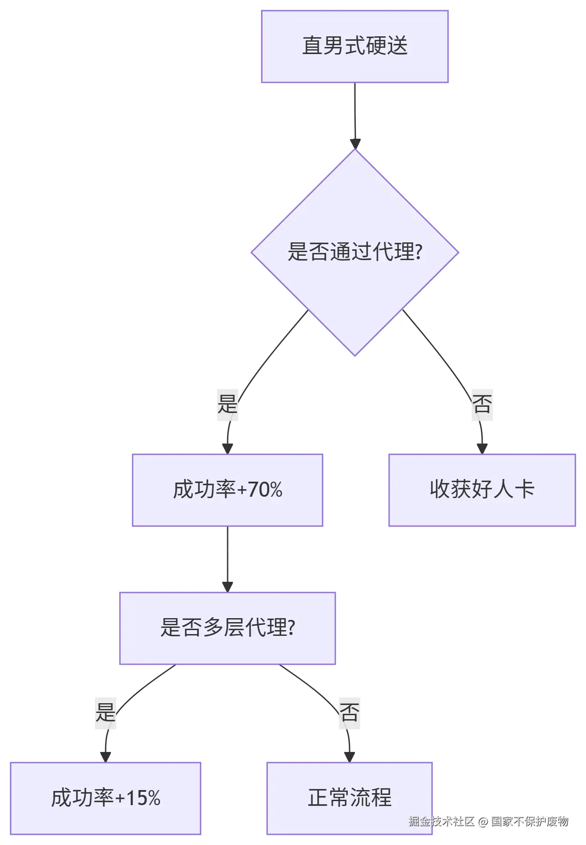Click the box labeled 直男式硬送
click(354, 47)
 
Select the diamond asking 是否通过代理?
click(354, 252)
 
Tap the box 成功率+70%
click(227, 490)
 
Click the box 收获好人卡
click(482, 490)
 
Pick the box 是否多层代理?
click(227, 628)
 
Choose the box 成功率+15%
click(105, 798)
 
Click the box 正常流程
click(349, 798)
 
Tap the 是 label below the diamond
click(227, 404)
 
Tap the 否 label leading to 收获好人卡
click(482, 404)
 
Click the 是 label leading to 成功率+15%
click(105, 713)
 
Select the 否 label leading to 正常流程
click(349, 713)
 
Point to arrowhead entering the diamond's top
click(355, 144)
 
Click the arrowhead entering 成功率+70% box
click(227, 448)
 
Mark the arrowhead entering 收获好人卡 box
click(482, 448)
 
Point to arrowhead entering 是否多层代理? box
click(227, 587)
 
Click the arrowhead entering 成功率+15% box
click(105, 757)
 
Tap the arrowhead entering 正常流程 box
click(350, 757)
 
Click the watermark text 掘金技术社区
click(441, 822)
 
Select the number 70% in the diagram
click(265, 490)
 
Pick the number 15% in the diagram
click(143, 798)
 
